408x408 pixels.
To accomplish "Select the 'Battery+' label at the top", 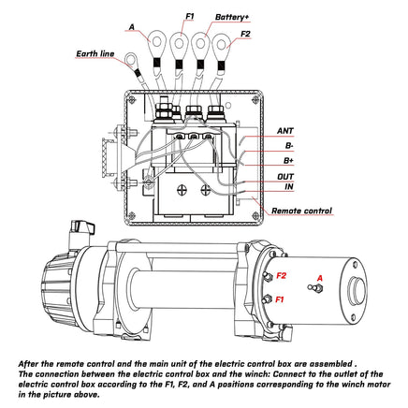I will pyautogui.click(x=231, y=17).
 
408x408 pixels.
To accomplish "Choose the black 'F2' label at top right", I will pyautogui.click(x=245, y=34).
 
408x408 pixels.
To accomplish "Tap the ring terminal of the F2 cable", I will pyautogui.click(x=223, y=44).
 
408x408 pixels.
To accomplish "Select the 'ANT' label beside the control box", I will pyautogui.click(x=288, y=133).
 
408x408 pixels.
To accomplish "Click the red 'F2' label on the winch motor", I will pyautogui.click(x=282, y=277).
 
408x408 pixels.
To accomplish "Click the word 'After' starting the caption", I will pyautogui.click(x=32, y=360).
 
